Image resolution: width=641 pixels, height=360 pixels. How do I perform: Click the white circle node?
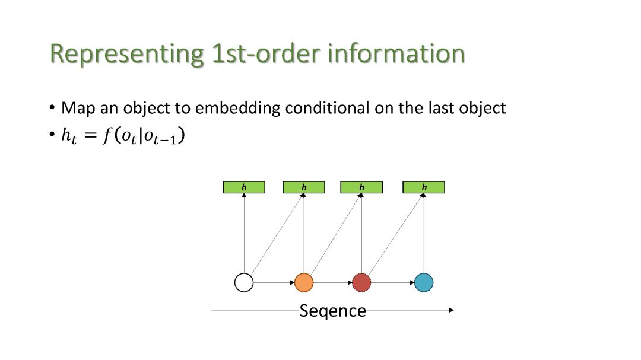click(244, 282)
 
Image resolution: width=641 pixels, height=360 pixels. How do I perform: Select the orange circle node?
click(304, 282)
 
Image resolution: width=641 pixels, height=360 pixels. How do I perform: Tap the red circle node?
click(361, 282)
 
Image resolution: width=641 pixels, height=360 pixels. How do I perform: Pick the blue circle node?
click(424, 282)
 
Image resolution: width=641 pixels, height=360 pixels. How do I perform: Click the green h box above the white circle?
click(244, 187)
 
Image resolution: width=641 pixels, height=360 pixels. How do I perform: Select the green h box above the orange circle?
click(304, 187)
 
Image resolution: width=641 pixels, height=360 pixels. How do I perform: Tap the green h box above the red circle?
click(361, 187)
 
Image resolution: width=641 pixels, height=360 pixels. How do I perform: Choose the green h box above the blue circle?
click(424, 187)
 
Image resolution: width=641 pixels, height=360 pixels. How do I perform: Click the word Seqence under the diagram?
click(332, 311)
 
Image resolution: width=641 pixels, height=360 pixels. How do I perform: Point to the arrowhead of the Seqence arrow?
click(452, 310)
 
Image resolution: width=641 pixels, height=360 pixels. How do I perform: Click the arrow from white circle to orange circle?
click(274, 282)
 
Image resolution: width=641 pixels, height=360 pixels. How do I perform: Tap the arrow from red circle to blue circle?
click(392, 282)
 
